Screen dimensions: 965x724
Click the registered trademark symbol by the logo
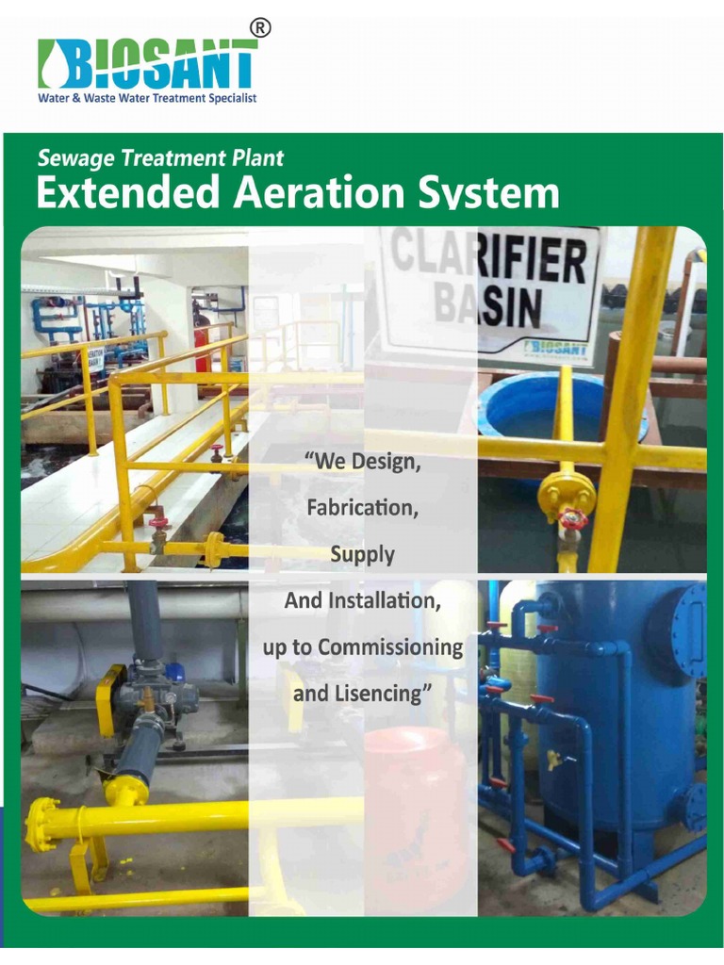coord(261,28)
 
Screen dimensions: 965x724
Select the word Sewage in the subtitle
coord(72,159)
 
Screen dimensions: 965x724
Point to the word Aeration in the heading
coord(304,193)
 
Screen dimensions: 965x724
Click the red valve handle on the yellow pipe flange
coord(572,519)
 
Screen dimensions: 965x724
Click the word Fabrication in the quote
coord(361,508)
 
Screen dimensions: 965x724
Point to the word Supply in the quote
coord(362,554)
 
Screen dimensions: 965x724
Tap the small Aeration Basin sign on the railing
coord(94,357)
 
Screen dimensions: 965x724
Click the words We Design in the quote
coord(362,463)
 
